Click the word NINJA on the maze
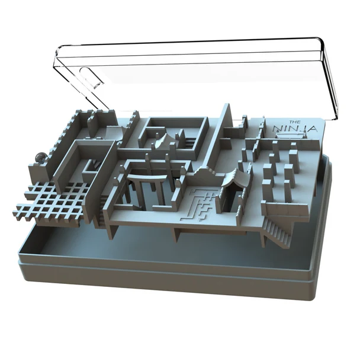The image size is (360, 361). [295, 129]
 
